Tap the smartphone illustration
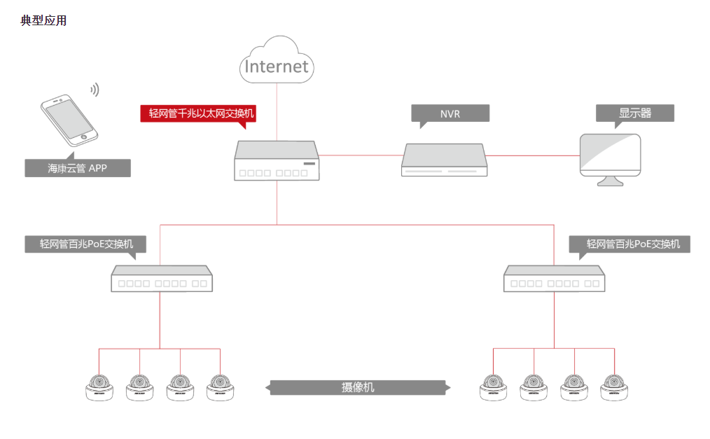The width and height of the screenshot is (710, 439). pyautogui.click(x=68, y=120)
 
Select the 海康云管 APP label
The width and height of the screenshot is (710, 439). pyautogui.click(x=77, y=168)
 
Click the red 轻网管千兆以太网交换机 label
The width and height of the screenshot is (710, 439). pyautogui.click(x=198, y=113)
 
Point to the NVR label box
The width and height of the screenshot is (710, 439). pyautogui.click(x=450, y=113)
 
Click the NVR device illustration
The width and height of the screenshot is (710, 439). pyautogui.click(x=443, y=160)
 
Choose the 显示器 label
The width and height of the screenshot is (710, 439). pyautogui.click(x=634, y=113)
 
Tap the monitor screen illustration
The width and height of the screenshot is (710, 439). pyautogui.click(x=610, y=157)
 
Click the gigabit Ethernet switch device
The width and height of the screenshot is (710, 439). pyautogui.click(x=277, y=161)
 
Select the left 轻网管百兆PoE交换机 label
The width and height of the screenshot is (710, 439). pyautogui.click(x=87, y=244)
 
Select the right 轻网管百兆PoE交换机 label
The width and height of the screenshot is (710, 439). pyautogui.click(x=633, y=244)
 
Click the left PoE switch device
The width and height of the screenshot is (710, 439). pyautogui.click(x=161, y=279)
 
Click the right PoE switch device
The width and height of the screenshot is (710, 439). pyautogui.click(x=554, y=279)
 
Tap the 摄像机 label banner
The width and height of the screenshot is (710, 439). pyautogui.click(x=358, y=387)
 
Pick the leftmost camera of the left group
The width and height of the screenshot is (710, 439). pyautogui.click(x=99, y=387)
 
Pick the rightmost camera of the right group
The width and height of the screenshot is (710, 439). pyautogui.click(x=615, y=387)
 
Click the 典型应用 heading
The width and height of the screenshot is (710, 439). pyautogui.click(x=43, y=21)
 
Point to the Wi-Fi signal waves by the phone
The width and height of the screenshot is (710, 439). pyautogui.click(x=95, y=90)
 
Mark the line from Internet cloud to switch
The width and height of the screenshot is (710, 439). pyautogui.click(x=277, y=112)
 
